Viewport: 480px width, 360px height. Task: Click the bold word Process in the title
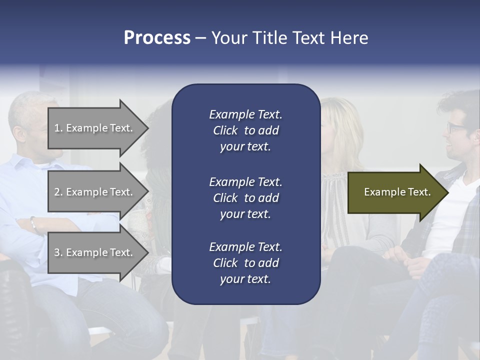tap(157, 38)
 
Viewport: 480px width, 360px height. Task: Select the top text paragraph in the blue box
tap(245, 130)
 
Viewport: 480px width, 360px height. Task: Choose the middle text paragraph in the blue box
tap(245, 198)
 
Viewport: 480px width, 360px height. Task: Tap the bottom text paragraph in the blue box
tap(245, 263)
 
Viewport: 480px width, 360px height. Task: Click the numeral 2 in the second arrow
tap(57, 192)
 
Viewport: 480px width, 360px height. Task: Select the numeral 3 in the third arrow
tap(57, 252)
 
